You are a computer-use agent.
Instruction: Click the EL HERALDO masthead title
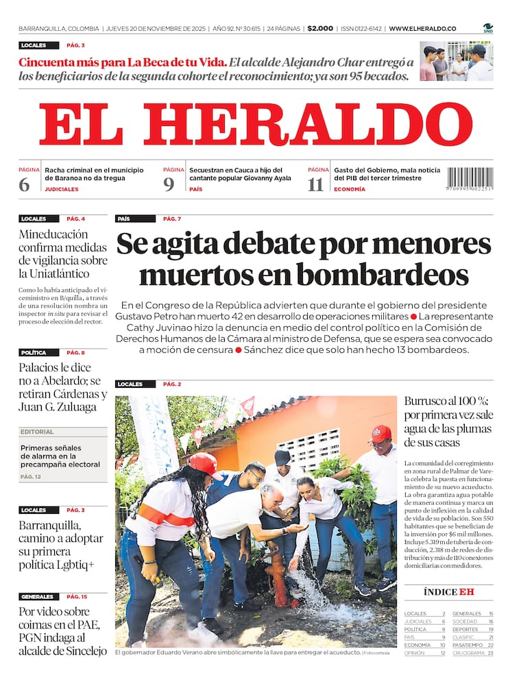pos(255,125)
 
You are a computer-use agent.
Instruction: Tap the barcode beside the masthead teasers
pos(470,180)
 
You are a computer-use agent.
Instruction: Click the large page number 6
pos(25,185)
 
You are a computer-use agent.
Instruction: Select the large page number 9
pos(169,185)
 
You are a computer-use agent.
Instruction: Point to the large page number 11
pos(315,185)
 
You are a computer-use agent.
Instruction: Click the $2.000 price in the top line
pos(320,29)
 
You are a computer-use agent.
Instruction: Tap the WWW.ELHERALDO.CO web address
pos(422,29)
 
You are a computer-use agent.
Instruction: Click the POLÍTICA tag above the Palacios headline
pos(34,353)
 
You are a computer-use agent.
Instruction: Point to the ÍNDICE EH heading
pos(448,592)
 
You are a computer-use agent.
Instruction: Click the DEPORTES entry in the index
pos(465,629)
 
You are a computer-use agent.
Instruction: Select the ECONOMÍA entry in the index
pos(417,645)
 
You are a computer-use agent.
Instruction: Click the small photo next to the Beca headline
pos(456,62)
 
